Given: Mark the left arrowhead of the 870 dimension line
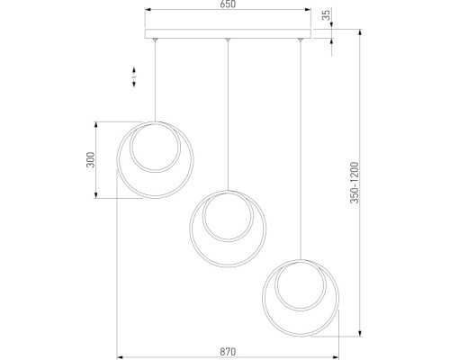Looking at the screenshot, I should [x=118, y=351].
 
